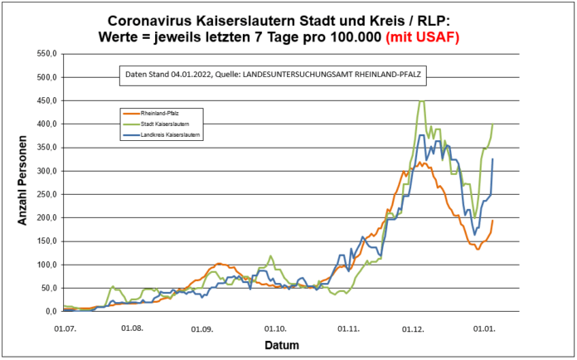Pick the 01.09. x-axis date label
[203, 328]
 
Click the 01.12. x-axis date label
[413, 328]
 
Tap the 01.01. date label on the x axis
[485, 328]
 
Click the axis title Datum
[282, 345]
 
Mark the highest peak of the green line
[421, 101]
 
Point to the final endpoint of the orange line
[492, 221]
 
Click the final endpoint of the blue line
[492, 159]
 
